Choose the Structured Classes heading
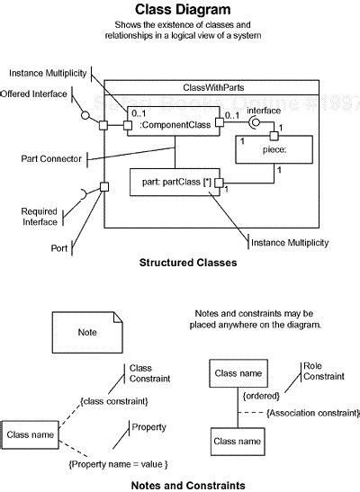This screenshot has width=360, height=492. coord(187,264)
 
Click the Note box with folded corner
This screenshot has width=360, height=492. coord(87,332)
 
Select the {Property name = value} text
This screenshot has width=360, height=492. coord(118,463)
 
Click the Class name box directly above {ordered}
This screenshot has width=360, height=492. coord(238,371)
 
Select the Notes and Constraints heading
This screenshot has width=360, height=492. coord(187,485)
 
